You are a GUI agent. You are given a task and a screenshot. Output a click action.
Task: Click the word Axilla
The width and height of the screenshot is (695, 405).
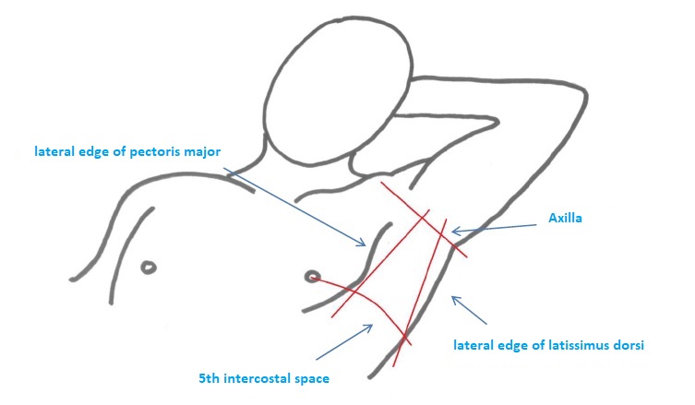click(565, 218)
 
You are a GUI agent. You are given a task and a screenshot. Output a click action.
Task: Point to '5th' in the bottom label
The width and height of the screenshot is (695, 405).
click(210, 379)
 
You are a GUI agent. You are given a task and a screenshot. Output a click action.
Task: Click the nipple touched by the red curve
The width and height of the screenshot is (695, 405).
click(313, 277)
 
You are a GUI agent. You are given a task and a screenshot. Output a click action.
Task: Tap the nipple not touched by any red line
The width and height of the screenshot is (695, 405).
click(149, 268)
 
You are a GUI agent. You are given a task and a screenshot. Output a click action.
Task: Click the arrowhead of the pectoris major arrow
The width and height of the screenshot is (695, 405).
click(363, 243)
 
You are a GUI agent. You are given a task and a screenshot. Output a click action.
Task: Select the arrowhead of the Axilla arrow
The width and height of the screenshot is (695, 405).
click(456, 231)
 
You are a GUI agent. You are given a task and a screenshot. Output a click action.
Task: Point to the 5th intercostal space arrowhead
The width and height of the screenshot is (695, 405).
click(368, 327)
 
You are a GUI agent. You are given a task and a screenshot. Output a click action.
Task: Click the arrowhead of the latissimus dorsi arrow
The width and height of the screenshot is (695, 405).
click(455, 300)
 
